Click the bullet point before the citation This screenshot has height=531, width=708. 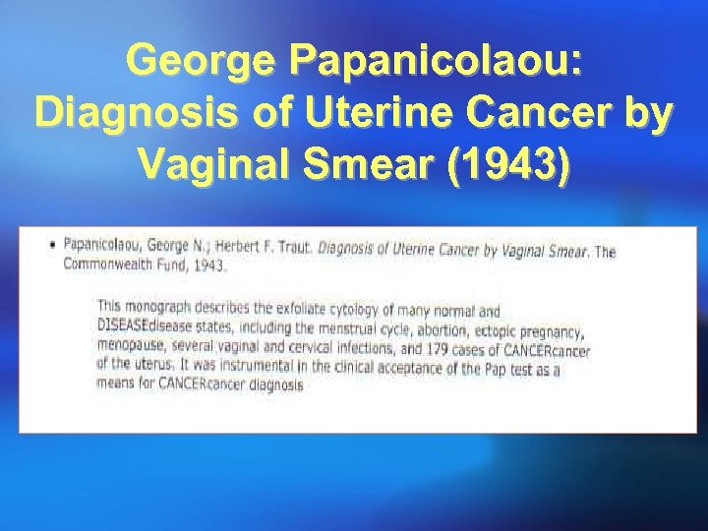coord(53,244)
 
